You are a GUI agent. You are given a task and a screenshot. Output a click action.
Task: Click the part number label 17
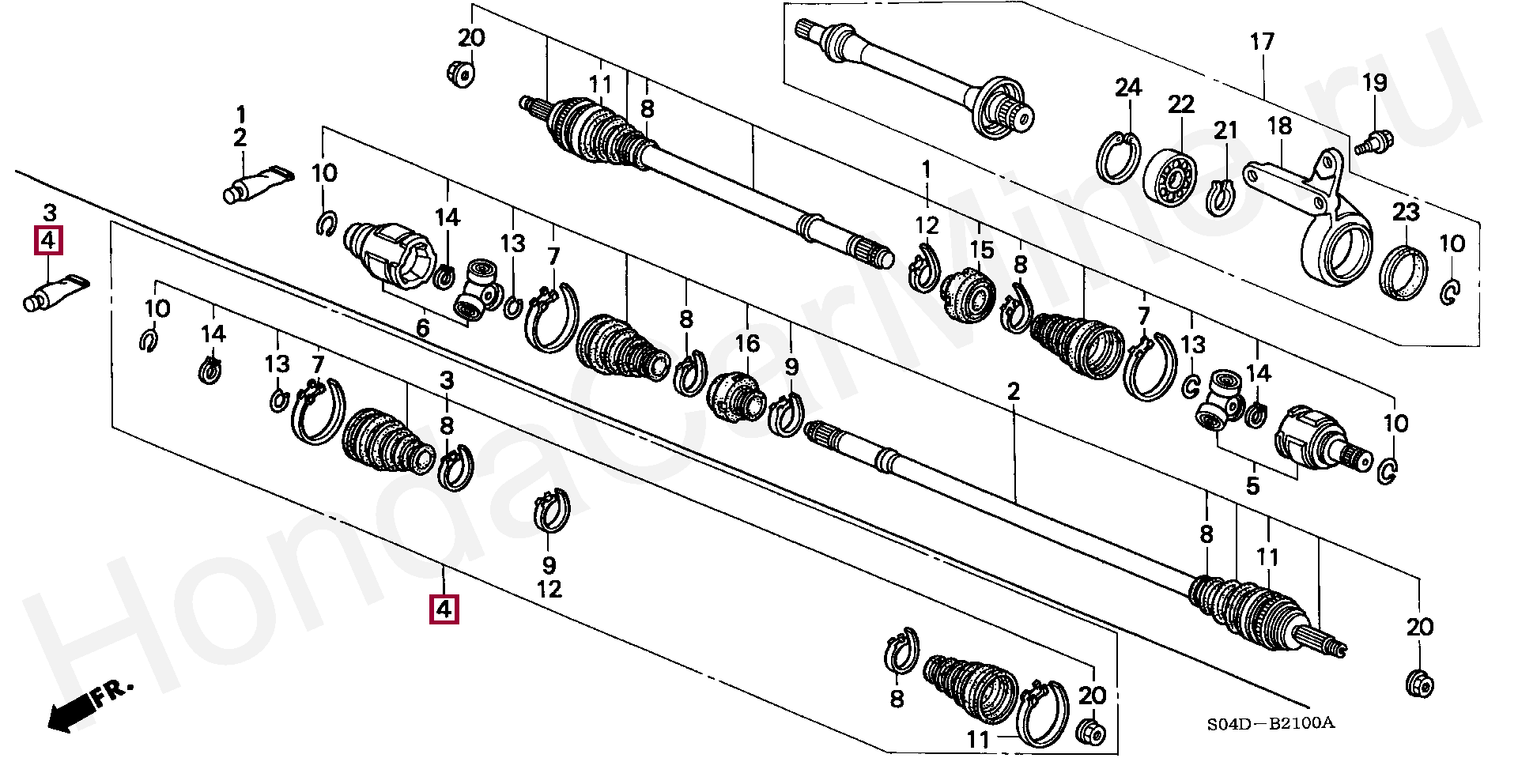pyautogui.click(x=1262, y=42)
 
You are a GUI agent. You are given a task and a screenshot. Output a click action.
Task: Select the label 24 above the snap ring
pyautogui.click(x=1128, y=88)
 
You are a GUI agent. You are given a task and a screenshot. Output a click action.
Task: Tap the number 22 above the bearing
pyautogui.click(x=1181, y=104)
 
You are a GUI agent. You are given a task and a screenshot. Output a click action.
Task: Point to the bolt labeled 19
pyautogui.click(x=1373, y=143)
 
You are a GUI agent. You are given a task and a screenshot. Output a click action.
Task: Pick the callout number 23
pyautogui.click(x=1406, y=212)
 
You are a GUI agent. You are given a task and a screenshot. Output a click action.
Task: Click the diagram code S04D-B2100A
pyautogui.click(x=1270, y=722)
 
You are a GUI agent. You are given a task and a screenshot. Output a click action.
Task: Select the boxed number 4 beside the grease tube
pyautogui.click(x=48, y=240)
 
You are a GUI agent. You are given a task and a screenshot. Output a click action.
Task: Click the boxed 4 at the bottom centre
pyautogui.click(x=444, y=609)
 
